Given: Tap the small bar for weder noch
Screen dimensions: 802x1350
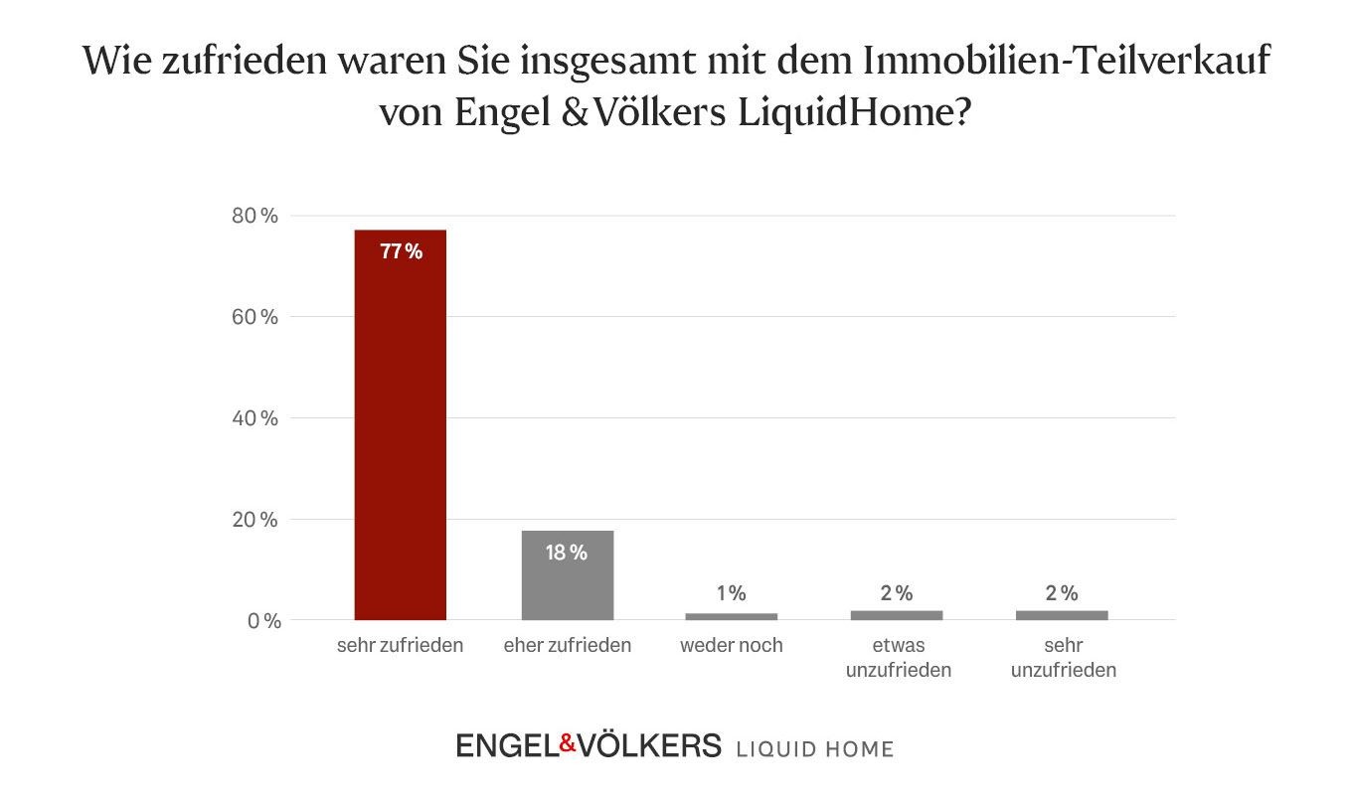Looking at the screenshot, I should coord(731,616).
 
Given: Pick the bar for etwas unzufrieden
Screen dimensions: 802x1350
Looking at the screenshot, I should coord(896,615).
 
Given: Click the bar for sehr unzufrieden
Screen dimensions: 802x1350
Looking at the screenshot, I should coord(1061,615).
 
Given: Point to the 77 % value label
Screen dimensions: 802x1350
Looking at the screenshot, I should coord(401,252).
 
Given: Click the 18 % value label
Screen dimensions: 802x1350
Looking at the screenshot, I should coord(567,553).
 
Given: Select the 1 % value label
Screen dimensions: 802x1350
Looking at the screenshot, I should coord(731,593).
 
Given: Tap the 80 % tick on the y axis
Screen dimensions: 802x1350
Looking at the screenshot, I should coord(255,216).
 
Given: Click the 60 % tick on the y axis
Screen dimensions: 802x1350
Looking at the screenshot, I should coord(255,317).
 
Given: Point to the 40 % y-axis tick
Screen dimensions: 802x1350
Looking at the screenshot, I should coord(255,418).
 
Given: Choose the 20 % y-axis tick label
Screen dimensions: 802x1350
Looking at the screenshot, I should coord(255,520).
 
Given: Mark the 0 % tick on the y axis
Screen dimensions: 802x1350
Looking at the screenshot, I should coord(259,621).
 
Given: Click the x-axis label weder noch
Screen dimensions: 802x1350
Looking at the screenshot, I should coord(731,646).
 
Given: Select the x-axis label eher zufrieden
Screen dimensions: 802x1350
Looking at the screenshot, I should coord(567,646).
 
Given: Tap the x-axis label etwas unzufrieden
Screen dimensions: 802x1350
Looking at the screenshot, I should coord(898,658).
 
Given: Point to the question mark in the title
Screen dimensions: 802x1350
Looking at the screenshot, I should coord(959,112).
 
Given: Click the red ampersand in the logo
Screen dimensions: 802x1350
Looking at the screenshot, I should coord(568,742).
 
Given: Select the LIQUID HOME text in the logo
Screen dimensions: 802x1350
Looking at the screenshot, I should coord(814,748).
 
